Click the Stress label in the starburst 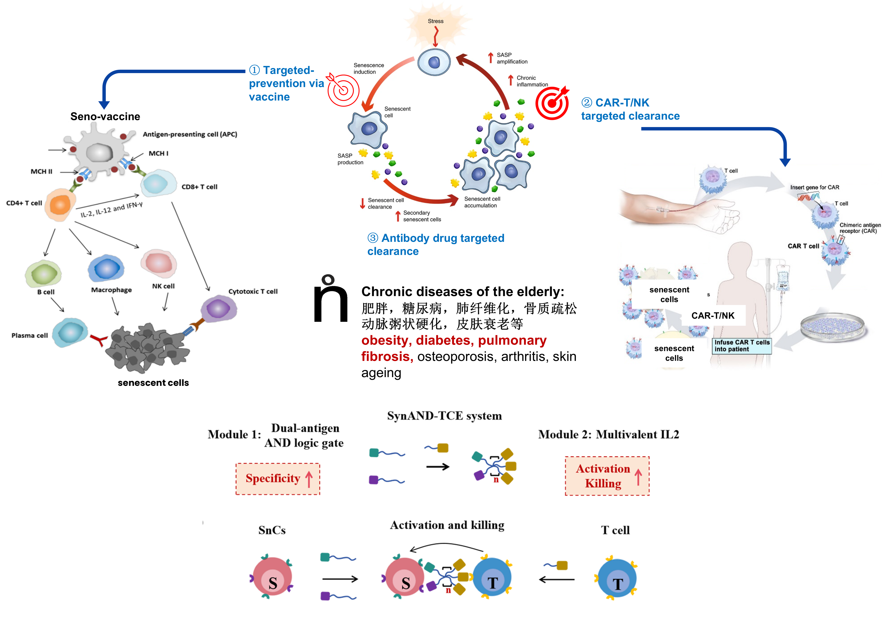click(x=436, y=21)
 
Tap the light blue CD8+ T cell click(x=158, y=183)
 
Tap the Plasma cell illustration click(x=70, y=332)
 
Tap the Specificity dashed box click(x=278, y=479)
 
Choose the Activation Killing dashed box click(x=607, y=476)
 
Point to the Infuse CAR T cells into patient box click(x=742, y=346)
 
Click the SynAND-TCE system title click(x=444, y=416)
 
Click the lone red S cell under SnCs click(x=272, y=576)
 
